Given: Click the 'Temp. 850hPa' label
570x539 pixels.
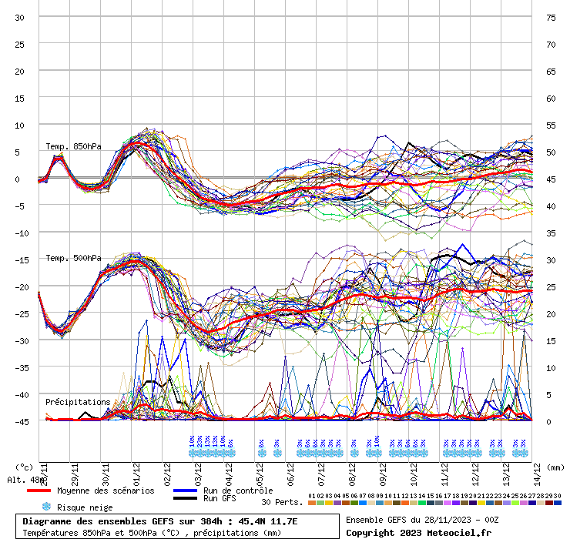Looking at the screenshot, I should [73, 146].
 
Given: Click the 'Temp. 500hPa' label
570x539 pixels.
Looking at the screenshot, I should [73, 258].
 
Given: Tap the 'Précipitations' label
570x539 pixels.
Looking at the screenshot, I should [78, 402].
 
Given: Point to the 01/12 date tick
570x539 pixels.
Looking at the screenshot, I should [136, 471].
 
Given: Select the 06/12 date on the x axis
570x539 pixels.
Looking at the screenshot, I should [292, 471].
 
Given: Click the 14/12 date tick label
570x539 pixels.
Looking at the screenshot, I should [539, 471].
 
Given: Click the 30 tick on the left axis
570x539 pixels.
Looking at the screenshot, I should [20, 17].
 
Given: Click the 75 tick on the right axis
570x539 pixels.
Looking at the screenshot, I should [551, 17].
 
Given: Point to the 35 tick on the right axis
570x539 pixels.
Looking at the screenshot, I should [551, 233].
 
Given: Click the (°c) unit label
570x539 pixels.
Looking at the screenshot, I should [24, 467].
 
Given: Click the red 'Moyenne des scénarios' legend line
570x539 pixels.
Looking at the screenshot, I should [39, 490].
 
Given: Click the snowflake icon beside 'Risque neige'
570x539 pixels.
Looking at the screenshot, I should [46, 507].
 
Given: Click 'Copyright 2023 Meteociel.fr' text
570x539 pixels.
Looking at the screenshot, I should [418, 532].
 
